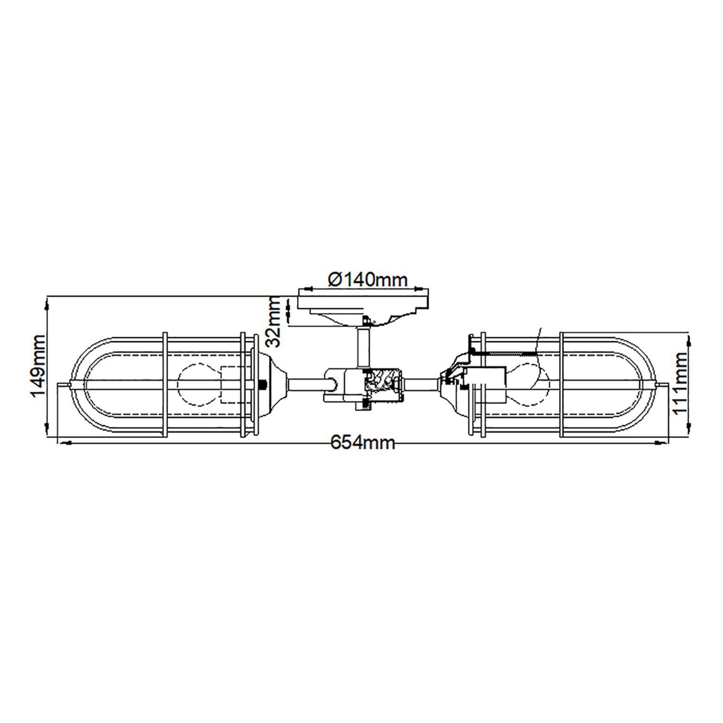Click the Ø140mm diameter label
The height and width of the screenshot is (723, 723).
367,279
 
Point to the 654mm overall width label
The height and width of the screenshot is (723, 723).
362,442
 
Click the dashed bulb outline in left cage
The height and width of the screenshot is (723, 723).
199,384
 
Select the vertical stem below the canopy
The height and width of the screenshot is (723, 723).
362,347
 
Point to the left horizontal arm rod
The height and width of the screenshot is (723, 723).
308,384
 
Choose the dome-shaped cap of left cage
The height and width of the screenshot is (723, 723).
272,384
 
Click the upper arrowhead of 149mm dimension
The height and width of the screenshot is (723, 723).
47,304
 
